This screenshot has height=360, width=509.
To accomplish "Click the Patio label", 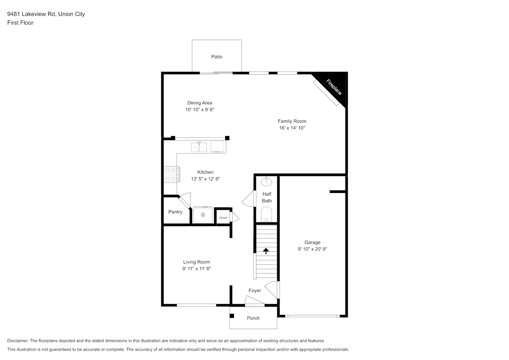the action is pos(217,57).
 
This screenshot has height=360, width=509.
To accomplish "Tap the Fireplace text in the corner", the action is pos(334,87).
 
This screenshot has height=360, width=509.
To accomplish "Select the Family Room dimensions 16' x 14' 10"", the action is pos(292,128).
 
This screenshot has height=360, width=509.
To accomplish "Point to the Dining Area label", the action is pos(199,103).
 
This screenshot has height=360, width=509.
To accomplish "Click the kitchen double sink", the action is pos(199,147).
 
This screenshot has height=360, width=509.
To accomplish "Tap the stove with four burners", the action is pos(172,174).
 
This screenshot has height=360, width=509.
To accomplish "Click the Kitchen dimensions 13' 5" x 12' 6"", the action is pos(205,179).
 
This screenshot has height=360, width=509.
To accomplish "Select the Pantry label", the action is pos(175,212).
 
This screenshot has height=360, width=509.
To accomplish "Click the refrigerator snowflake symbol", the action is pos(203,215).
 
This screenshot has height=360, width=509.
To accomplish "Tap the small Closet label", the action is pos(223,218).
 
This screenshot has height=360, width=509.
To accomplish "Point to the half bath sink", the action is pos(266,181).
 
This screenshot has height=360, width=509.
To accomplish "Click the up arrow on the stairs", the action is pos(266,251).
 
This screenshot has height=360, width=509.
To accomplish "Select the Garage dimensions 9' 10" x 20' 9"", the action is pos(312,249).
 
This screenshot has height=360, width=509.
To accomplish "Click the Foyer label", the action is pos(255,291).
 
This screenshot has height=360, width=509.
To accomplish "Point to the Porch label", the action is pos(253,318).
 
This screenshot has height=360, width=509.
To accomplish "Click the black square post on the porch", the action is pos(232,316).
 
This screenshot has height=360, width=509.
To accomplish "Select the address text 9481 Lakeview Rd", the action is pos(31,14).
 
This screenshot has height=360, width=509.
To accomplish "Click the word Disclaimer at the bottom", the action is pos(18,341).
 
